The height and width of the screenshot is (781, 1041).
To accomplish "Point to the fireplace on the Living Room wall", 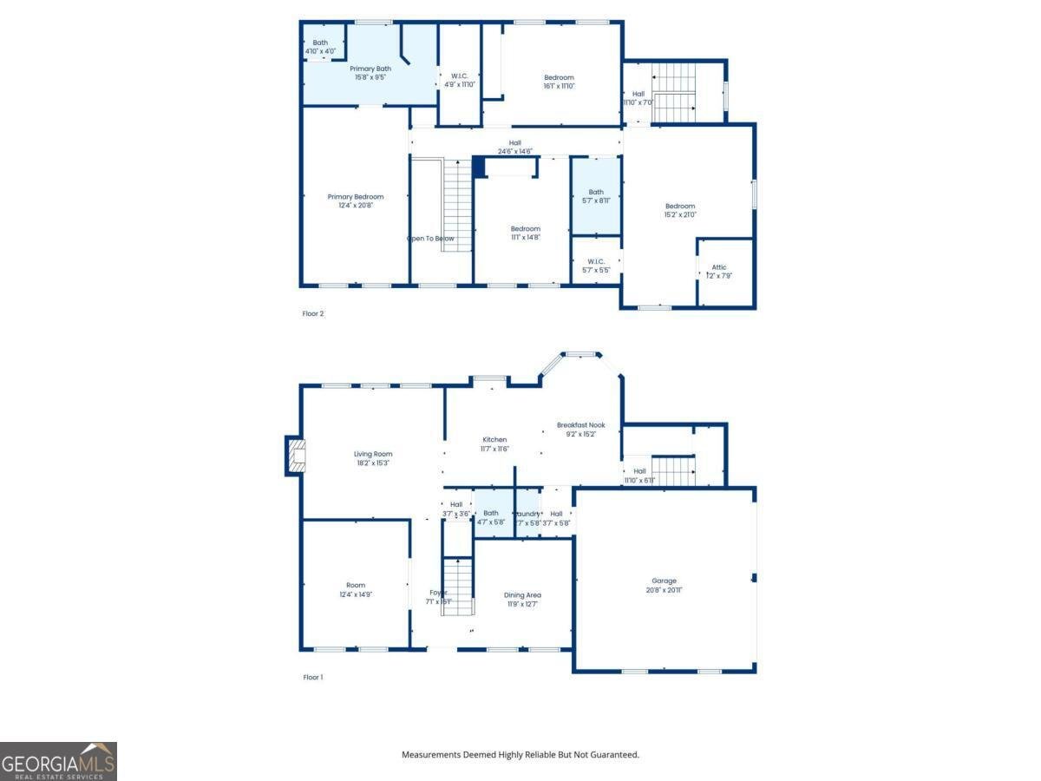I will tap(296, 456).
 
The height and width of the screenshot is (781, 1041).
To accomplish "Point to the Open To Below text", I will tap(430, 239).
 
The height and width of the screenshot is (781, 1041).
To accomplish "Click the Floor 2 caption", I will tap(312, 314).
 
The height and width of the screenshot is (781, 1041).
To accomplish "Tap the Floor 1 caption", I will tap(312, 677).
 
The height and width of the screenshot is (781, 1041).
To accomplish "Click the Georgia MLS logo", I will tap(58, 761).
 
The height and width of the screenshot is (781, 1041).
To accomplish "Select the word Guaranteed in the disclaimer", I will tap(611, 755).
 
